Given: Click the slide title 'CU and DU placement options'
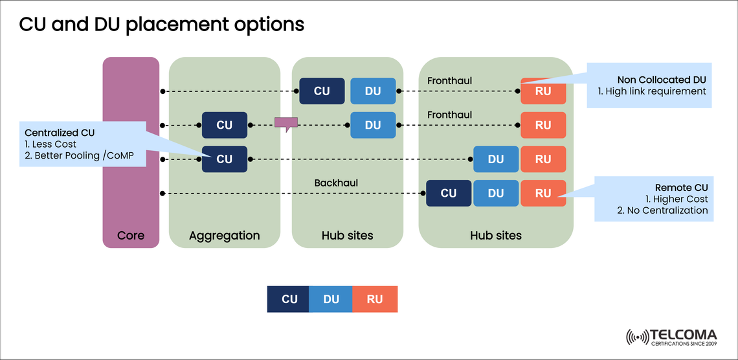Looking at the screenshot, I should [161, 25].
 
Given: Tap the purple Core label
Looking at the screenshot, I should [131, 235].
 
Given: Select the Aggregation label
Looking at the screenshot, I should [224, 235].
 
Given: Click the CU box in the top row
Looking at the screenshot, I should [322, 91].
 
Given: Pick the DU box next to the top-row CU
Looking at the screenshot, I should [373, 91].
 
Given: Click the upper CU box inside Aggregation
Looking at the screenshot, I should [224, 125].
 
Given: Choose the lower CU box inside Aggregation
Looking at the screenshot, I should [224, 159].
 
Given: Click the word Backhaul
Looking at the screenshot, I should [336, 183].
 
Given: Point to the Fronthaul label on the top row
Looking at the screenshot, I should [449, 81].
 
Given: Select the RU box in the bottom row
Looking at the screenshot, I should [543, 193].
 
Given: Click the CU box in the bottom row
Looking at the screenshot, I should [449, 193].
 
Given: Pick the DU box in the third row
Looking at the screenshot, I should [496, 159].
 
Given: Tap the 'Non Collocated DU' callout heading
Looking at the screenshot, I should [662, 79].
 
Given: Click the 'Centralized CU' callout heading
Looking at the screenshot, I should [60, 132].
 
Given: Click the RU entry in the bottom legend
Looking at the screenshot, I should [374, 299].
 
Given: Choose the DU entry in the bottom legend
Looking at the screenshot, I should [331, 299].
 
